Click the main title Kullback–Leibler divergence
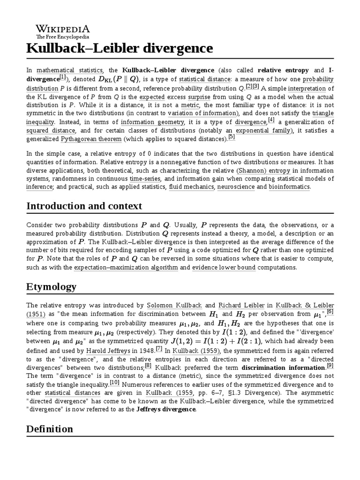pyautogui.click(x=120, y=48)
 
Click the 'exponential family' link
pyautogui.click(x=263, y=130)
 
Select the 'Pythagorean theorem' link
pyautogui.click(x=91, y=139)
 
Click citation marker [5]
pyautogui.click(x=231, y=138)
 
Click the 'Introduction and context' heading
pyautogui.click(x=84, y=206)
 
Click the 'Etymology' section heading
pyautogui.click(x=52, y=287)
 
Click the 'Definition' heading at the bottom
pyautogui.click(x=50, y=429)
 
